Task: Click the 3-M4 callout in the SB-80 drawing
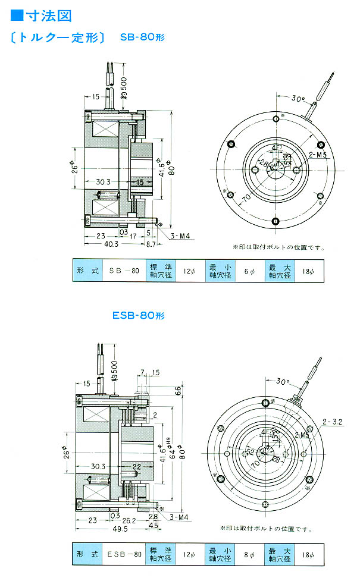179,236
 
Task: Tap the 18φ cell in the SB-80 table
308,271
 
